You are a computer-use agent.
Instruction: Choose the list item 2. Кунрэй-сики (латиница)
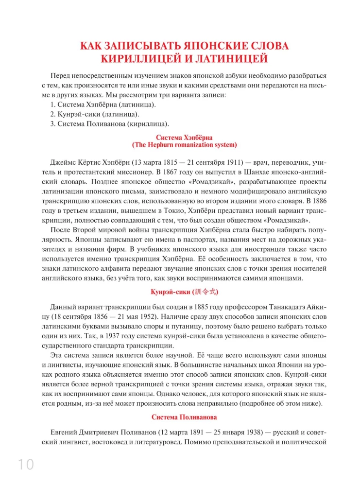[x=95, y=114]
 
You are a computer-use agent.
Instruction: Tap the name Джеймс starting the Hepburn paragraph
[x=62, y=161]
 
